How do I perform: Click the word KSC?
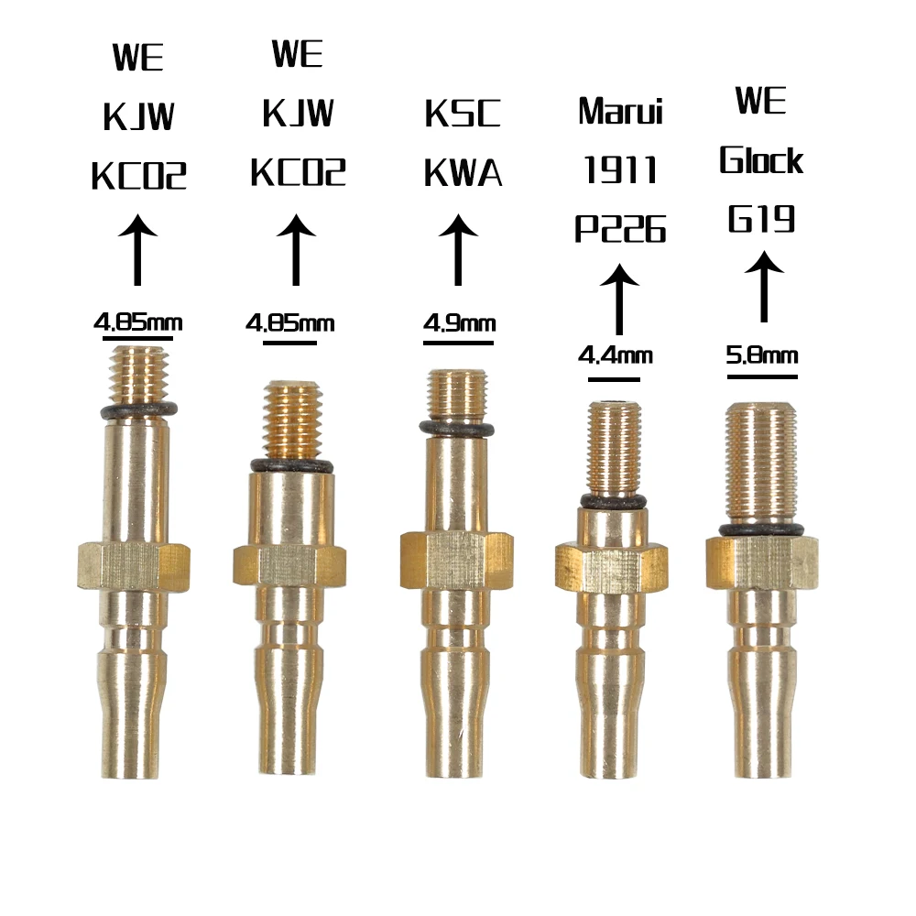pyautogui.click(x=463, y=114)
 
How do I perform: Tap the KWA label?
pyautogui.click(x=463, y=172)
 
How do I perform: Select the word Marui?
pyautogui.click(x=620, y=112)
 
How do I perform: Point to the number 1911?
pyautogui.click(x=620, y=169)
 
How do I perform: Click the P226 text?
pyautogui.click(x=620, y=229)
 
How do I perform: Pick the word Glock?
pyautogui.click(x=761, y=160)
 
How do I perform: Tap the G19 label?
pyautogui.click(x=761, y=220)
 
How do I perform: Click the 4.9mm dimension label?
pyautogui.click(x=459, y=323)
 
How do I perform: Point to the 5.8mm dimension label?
pyautogui.click(x=761, y=354)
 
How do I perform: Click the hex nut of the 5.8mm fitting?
pyautogui.click(x=762, y=562)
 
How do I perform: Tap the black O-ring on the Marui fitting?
pyautogui.click(x=612, y=500)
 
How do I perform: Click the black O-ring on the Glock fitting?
pyautogui.click(x=762, y=529)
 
